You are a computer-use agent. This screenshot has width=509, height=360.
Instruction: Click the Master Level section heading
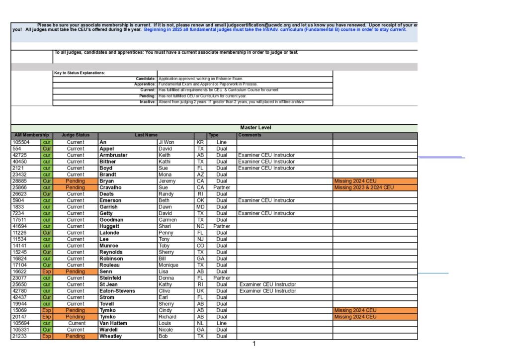click(x=255, y=128)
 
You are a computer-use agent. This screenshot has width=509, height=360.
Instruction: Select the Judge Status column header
click(x=76, y=135)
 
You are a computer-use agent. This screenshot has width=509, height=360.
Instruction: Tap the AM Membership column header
click(x=31, y=135)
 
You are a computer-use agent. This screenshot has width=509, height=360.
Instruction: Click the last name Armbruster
click(x=113, y=155)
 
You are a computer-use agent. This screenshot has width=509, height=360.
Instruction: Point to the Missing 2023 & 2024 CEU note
click(x=364, y=187)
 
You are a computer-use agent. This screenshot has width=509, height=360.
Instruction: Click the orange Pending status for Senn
click(x=76, y=271)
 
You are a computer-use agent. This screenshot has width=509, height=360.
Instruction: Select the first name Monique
click(x=169, y=265)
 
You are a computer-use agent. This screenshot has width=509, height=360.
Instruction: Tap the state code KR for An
click(x=200, y=142)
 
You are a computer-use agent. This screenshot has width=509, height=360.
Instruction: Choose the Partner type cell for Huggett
click(x=222, y=226)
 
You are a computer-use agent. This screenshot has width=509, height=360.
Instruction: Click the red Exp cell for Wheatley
click(x=47, y=336)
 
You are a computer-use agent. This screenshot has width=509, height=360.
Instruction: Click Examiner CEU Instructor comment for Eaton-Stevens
click(x=267, y=291)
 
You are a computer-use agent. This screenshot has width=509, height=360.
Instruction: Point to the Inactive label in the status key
click(x=148, y=102)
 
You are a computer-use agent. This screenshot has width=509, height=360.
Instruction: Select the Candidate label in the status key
click(x=146, y=79)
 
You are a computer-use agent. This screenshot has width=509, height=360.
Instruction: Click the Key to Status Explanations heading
click(x=80, y=73)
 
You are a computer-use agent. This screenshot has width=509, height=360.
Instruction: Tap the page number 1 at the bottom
click(x=254, y=344)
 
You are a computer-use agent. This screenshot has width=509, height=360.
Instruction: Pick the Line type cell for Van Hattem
click(x=222, y=323)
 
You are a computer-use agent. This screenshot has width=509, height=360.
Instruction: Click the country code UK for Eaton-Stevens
click(x=200, y=291)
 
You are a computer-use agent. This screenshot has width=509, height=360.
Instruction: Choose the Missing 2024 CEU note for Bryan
click(x=355, y=181)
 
